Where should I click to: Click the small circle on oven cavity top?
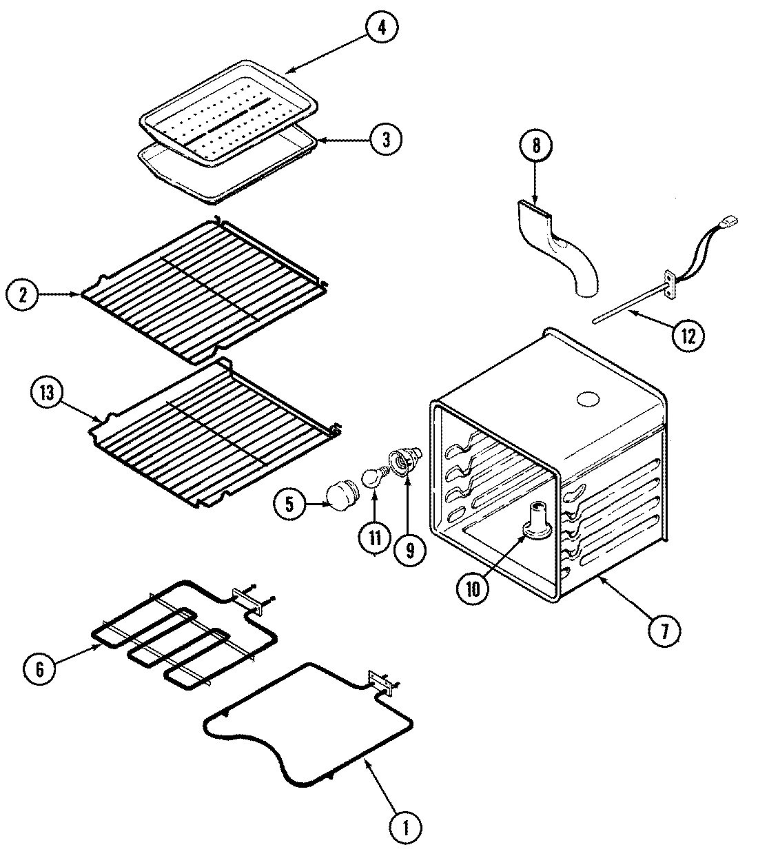[588, 399]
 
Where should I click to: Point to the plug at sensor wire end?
[730, 221]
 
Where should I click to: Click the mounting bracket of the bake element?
[383, 683]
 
